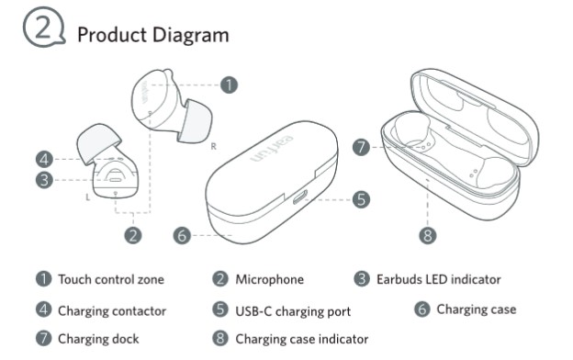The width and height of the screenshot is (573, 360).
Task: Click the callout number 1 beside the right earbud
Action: coord(230,85)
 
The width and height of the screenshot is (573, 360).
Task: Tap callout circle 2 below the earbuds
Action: coord(133,236)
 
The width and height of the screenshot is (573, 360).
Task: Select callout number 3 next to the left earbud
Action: coord(44,180)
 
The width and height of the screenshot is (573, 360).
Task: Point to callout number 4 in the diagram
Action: coord(44,160)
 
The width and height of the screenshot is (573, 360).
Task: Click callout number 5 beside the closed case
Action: coord(361,200)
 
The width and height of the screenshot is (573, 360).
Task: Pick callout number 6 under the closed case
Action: coord(182,236)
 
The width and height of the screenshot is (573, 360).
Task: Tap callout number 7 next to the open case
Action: coord(361,147)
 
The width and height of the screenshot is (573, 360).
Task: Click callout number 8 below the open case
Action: coord(428,236)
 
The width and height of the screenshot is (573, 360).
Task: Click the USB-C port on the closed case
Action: coord(299,197)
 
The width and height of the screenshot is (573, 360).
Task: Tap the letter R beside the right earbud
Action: coord(214,147)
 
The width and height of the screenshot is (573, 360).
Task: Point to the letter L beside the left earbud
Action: coord(88,197)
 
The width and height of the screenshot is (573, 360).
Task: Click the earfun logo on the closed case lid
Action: coord(272,149)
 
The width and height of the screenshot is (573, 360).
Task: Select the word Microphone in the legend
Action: coord(270,279)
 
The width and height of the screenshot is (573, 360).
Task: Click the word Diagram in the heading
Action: coord(191,36)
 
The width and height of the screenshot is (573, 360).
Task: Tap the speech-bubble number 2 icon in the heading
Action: coord(44,27)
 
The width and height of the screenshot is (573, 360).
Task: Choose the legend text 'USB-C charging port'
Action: coord(293,311)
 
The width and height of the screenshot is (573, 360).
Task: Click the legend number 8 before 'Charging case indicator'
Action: coord(220,339)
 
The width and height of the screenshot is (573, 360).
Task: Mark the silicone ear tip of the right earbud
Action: coord(196,120)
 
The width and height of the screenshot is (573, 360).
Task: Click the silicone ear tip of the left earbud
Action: coord(98,142)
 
